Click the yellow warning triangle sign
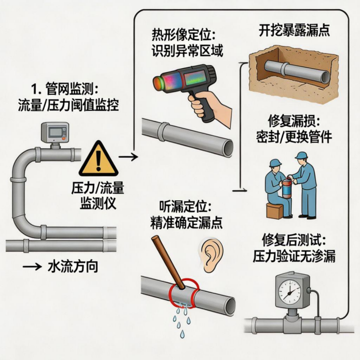(x=98, y=159)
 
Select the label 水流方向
(x=73, y=267)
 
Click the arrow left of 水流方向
(x=31, y=267)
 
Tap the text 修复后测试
(x=294, y=240)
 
